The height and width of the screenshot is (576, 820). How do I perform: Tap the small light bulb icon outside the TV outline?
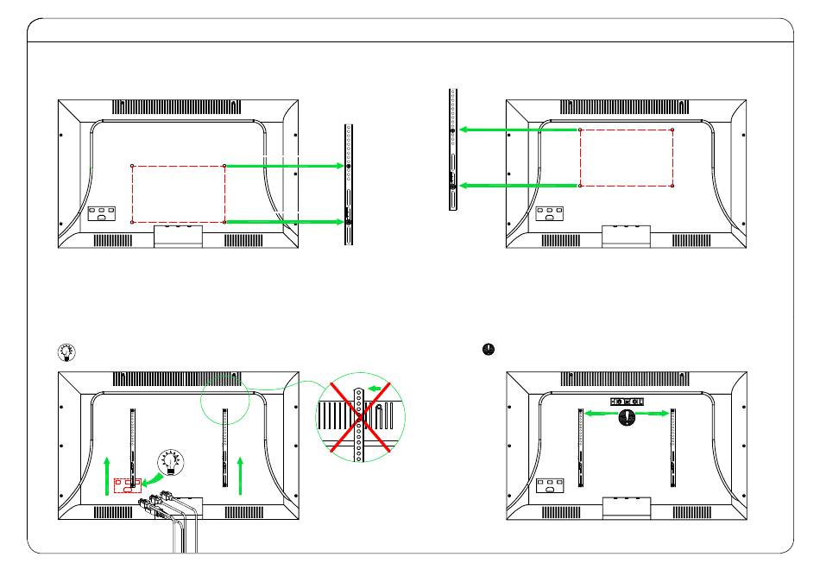point(66,351)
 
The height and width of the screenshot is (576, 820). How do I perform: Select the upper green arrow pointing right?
point(285,165)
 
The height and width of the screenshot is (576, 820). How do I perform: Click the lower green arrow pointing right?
point(285,222)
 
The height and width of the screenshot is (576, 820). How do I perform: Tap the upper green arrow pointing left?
point(518,130)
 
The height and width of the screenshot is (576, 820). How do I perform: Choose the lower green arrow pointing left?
point(518,185)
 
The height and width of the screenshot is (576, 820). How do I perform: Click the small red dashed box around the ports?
point(127,486)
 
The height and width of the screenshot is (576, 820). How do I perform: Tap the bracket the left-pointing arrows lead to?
point(452,149)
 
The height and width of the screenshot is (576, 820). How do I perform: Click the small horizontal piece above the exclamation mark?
point(628,402)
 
